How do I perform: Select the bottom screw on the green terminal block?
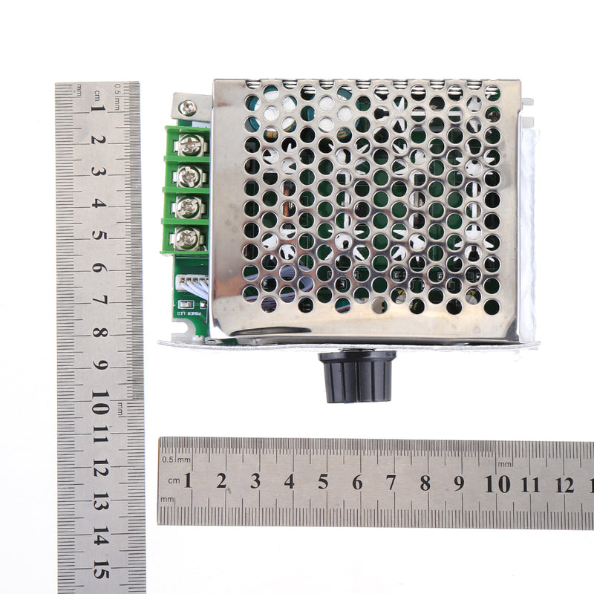tap(187, 238)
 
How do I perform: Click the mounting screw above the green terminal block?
tap(187, 108)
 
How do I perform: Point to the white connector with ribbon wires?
tap(195, 283)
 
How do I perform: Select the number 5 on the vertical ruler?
tap(99, 237)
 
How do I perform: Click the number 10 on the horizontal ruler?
tap(497, 484)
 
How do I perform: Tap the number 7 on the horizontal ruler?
tap(391, 483)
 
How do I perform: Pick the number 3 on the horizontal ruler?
tap(255, 481)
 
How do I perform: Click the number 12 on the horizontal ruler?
tap(564, 485)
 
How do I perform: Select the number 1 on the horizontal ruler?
tap(188, 481)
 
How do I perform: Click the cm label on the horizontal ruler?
tap(173, 481)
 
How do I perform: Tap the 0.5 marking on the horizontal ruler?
tap(169, 458)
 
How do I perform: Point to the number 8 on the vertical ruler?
tap(99, 335)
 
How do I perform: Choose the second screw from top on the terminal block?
tap(189, 177)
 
